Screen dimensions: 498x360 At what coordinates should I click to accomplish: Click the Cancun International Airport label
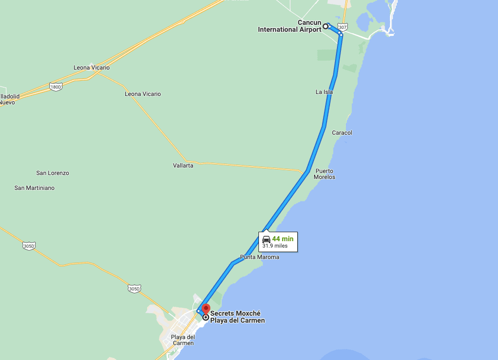pos(290,26)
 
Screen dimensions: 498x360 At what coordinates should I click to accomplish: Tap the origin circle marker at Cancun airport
pos(326,26)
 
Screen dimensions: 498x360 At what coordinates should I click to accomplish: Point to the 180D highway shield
pos(56,87)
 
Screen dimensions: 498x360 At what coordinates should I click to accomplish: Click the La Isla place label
pos(324,92)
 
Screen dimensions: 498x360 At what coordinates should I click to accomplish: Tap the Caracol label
pos(342,133)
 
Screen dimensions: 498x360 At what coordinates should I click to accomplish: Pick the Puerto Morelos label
pos(324,174)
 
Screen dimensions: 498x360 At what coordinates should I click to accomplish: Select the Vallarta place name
pos(183,166)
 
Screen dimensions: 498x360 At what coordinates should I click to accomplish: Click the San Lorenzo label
pos(53,173)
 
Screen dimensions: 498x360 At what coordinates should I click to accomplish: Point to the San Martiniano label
pos(34,188)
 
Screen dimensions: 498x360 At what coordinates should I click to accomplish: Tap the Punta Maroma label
pos(259,257)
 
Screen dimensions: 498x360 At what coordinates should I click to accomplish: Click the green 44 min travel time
pos(283,239)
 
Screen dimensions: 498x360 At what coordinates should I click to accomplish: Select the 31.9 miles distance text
pos(275,246)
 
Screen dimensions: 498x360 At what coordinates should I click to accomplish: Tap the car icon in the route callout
pos(266,239)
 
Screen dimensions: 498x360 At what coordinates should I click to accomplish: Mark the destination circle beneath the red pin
pos(205,317)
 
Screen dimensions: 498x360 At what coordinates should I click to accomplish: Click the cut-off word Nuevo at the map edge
pos(7,102)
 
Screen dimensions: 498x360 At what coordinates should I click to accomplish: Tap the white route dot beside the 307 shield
pos(340,34)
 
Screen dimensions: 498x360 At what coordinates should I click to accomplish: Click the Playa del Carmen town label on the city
pos(182,340)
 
